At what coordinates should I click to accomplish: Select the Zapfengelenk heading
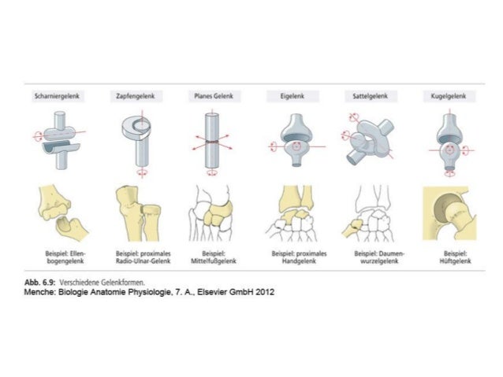(x=134, y=96)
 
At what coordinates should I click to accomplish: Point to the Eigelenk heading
(x=292, y=96)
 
